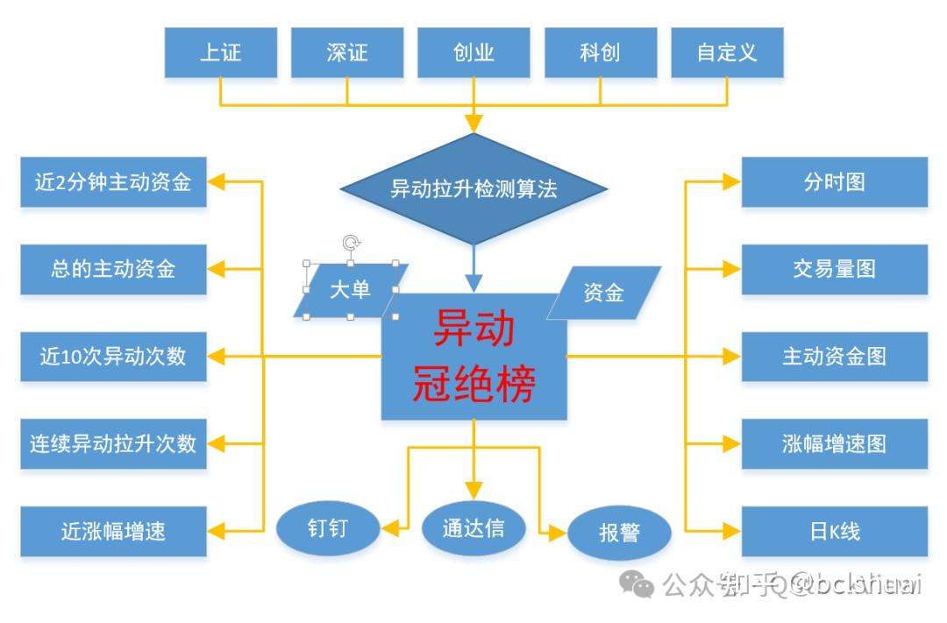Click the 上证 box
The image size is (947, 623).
click(220, 52)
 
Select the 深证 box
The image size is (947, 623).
click(347, 52)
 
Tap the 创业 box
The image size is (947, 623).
click(473, 52)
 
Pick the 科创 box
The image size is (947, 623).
click(600, 52)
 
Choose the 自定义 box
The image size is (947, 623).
click(727, 52)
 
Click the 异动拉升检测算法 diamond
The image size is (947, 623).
click(473, 188)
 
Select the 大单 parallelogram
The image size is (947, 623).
click(351, 290)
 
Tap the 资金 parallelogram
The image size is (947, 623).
click(603, 293)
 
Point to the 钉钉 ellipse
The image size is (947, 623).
click(329, 528)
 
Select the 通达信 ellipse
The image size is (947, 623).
click(473, 527)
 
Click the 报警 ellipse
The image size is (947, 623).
click(619, 533)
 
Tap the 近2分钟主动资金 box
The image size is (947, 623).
click(113, 182)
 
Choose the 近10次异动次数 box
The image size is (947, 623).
click(113, 357)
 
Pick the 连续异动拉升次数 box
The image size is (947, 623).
click(113, 443)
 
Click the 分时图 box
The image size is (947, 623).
click(834, 182)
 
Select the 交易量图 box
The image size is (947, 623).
click(834, 269)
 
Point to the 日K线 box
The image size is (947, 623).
click(834, 531)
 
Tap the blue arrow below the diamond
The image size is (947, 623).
click(473, 268)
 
